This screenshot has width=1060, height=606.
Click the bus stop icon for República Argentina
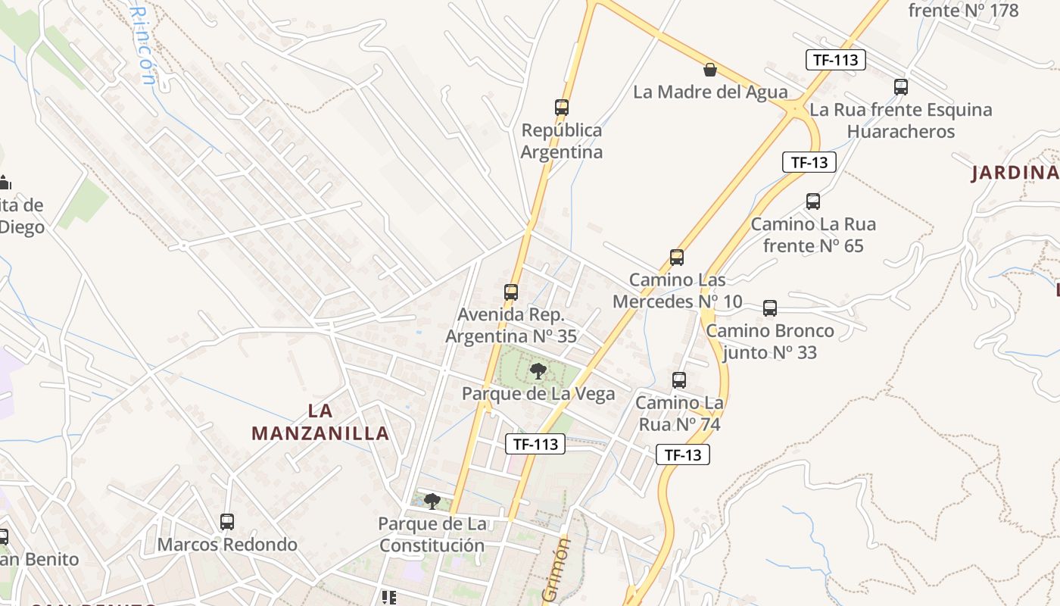click(561, 108)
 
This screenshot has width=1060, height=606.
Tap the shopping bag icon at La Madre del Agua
click(710, 70)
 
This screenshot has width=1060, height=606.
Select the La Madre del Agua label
click(710, 92)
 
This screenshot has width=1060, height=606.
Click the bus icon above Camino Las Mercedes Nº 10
click(677, 258)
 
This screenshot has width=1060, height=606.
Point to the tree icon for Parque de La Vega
click(538, 370)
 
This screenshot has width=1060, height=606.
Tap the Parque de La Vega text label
click(538, 394)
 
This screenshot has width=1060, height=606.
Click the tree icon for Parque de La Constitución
click(432, 501)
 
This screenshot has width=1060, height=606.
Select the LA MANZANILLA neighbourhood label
click(320, 423)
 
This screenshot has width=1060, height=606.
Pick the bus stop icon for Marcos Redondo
click(227, 521)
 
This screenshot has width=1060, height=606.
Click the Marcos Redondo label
click(227, 545)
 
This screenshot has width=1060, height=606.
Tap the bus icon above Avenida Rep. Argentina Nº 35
click(511, 292)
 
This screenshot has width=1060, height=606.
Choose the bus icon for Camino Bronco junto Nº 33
click(770, 308)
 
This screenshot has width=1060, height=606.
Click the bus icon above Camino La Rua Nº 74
click(679, 380)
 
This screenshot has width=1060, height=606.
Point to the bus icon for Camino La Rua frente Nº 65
click(813, 201)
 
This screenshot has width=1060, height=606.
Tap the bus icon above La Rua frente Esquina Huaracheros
click(900, 87)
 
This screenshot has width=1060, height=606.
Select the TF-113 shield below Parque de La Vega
click(535, 445)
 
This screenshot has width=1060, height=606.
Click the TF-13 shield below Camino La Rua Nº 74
click(682, 454)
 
